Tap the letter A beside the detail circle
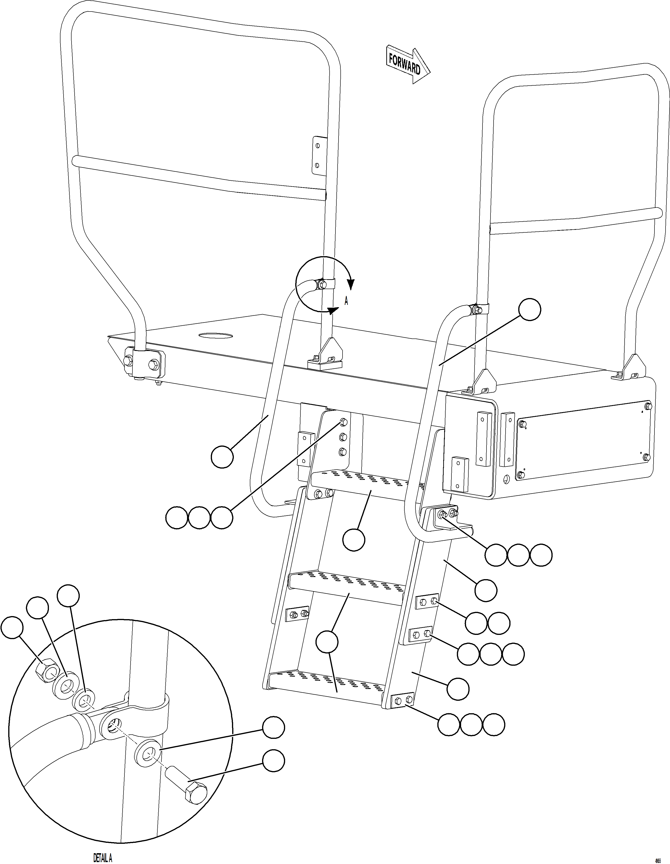coord(346,301)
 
